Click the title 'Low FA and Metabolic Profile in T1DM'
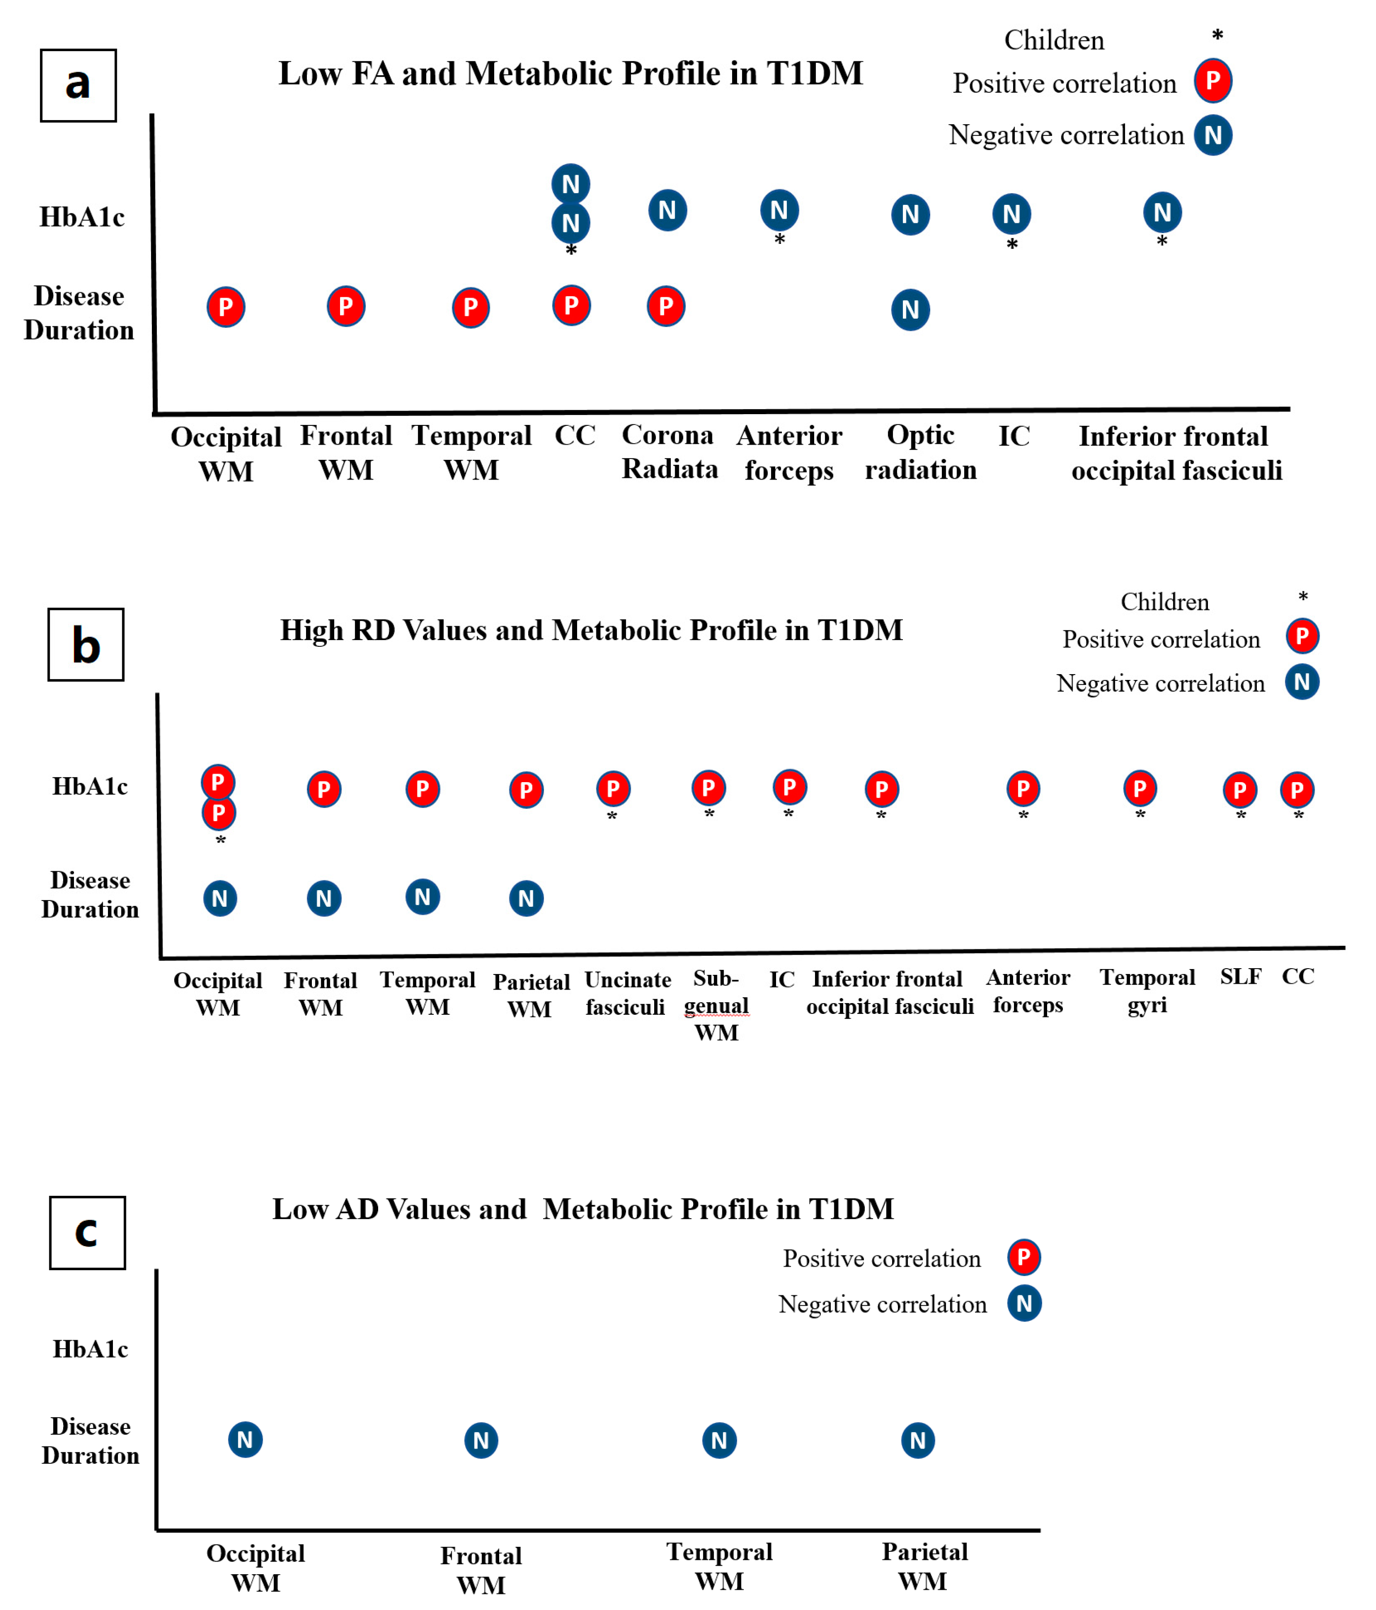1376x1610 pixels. pyautogui.click(x=570, y=74)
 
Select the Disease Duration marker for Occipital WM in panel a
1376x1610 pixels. pyautogui.click(x=225, y=307)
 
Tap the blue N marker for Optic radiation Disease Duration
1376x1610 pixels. pyautogui.click(x=910, y=310)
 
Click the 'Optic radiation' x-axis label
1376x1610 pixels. pyautogui.click(x=921, y=452)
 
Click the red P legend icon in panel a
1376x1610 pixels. pyautogui.click(x=1212, y=81)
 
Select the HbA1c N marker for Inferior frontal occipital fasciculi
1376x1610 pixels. pyautogui.click(x=1161, y=212)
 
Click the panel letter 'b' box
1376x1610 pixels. pyautogui.click(x=86, y=645)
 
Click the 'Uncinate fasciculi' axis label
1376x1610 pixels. pyautogui.click(x=626, y=993)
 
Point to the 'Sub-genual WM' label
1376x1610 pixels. pyautogui.click(x=716, y=1005)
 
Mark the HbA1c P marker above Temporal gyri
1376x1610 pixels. pyautogui.click(x=1139, y=789)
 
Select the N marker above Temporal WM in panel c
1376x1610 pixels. pyautogui.click(x=719, y=1440)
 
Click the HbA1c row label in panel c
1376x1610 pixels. pyautogui.click(x=90, y=1349)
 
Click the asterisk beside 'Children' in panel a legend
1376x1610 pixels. pyautogui.click(x=1217, y=36)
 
